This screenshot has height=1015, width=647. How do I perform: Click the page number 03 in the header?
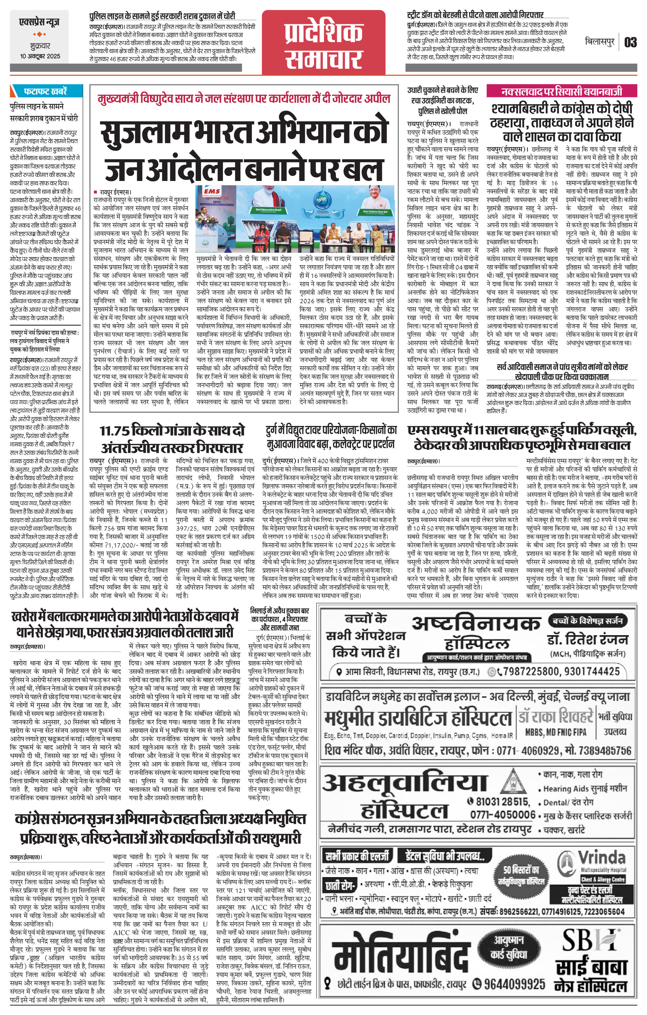(x=630, y=42)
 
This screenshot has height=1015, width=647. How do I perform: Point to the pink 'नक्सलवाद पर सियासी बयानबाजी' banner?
(x=561, y=91)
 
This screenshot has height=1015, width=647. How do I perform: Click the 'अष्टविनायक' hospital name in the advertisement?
(x=476, y=624)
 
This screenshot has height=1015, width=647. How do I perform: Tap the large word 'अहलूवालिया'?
(x=405, y=783)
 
